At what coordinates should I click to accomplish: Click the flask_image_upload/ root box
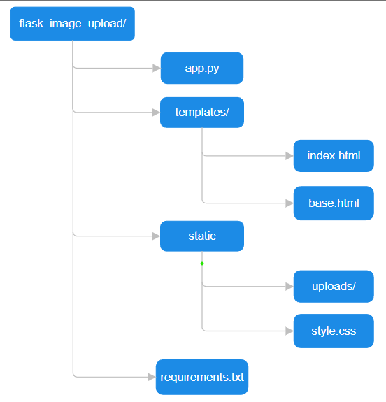click(x=72, y=24)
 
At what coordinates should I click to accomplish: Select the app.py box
click(x=202, y=69)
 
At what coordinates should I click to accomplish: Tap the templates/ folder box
click(x=202, y=113)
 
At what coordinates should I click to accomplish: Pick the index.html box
click(x=334, y=156)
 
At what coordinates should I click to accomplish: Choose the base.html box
click(x=334, y=203)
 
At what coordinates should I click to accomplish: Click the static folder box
click(x=202, y=236)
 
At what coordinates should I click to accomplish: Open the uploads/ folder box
click(x=334, y=287)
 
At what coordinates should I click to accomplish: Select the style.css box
click(x=334, y=331)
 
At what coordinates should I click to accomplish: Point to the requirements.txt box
click(x=202, y=377)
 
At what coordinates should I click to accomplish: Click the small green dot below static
click(x=202, y=264)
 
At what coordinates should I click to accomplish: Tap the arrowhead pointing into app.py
click(x=157, y=69)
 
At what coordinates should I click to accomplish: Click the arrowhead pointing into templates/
click(x=156, y=113)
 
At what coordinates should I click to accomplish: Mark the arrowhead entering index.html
click(x=289, y=156)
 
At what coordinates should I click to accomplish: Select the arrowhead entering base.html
click(x=289, y=203)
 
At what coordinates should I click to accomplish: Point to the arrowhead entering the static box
click(x=156, y=236)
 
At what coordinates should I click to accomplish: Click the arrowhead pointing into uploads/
click(x=289, y=287)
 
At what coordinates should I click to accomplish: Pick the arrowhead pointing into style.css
click(x=289, y=331)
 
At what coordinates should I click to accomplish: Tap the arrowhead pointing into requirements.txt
click(x=152, y=377)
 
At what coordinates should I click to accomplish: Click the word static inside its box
click(x=202, y=236)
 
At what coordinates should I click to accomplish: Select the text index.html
click(x=334, y=156)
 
